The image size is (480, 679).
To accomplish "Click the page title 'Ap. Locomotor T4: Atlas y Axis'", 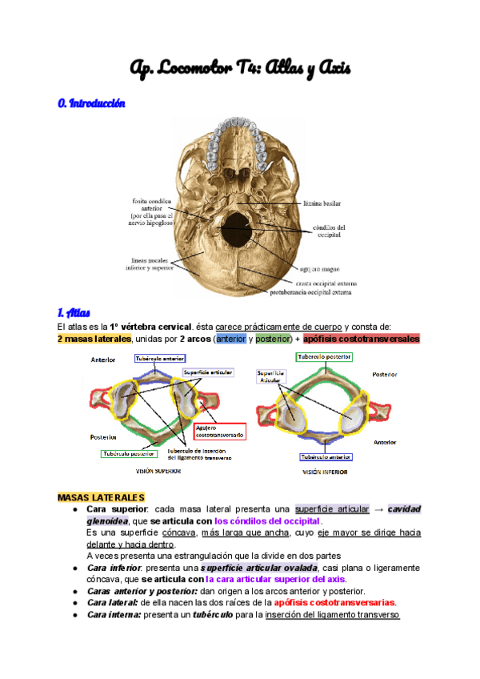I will pos(240,69).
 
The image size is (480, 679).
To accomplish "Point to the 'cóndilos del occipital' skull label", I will pos(327,231).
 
